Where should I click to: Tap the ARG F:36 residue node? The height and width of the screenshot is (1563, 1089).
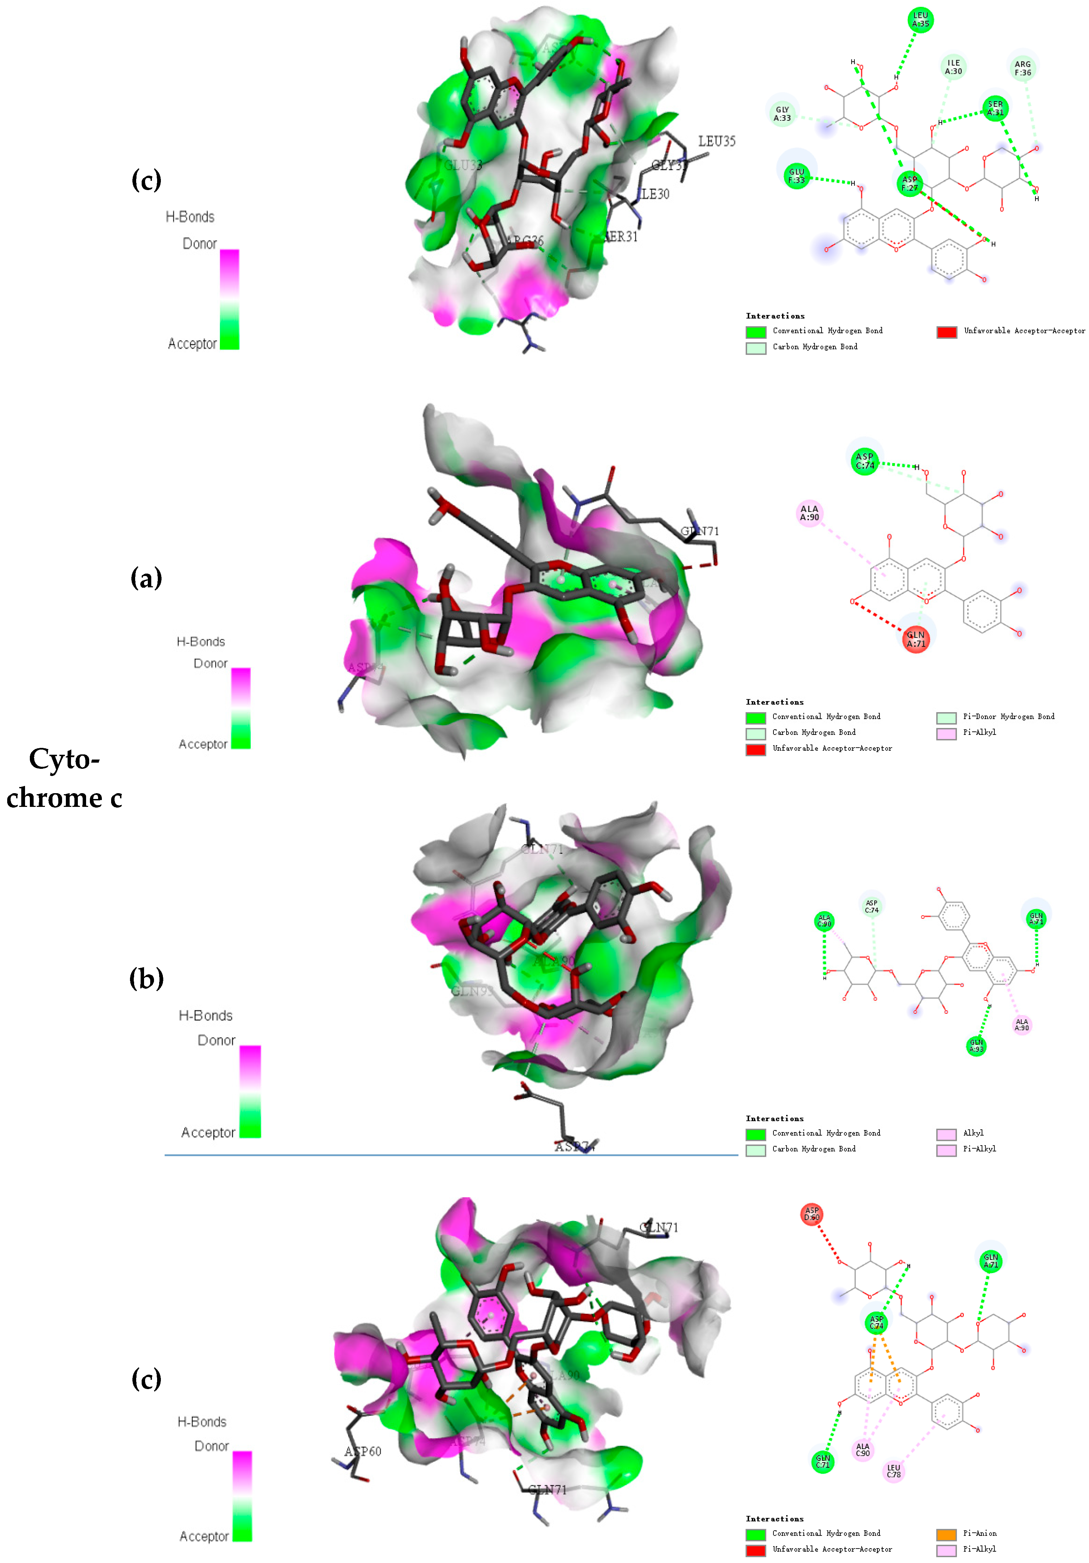click(x=1022, y=68)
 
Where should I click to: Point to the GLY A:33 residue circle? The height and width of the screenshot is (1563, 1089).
click(x=782, y=114)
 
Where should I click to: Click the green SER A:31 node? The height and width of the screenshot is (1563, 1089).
click(x=995, y=108)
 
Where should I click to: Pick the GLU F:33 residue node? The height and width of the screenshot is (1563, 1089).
click(x=796, y=176)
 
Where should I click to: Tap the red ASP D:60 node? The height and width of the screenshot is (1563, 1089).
click(x=811, y=1214)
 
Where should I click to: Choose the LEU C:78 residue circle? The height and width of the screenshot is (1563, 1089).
click(x=893, y=1472)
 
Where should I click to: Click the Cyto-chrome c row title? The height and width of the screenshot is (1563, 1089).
click(x=65, y=778)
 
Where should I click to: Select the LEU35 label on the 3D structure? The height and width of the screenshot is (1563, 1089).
click(x=717, y=141)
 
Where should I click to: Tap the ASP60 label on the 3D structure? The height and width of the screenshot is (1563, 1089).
click(x=363, y=1452)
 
